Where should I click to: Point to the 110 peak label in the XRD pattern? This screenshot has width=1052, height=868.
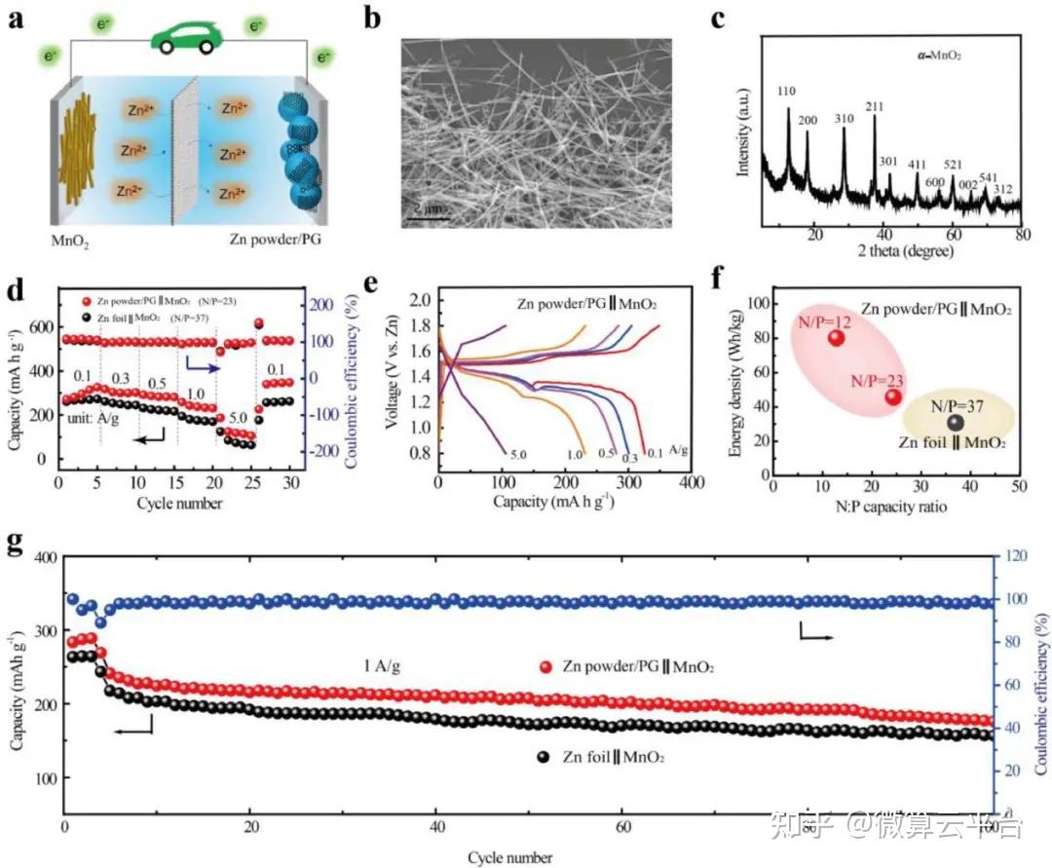pos(786,91)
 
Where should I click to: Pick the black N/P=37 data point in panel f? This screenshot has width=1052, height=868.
pos(956,422)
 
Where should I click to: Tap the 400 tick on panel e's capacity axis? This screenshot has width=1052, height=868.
pos(692,482)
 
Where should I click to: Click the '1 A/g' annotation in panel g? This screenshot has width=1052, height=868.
pos(377,667)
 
